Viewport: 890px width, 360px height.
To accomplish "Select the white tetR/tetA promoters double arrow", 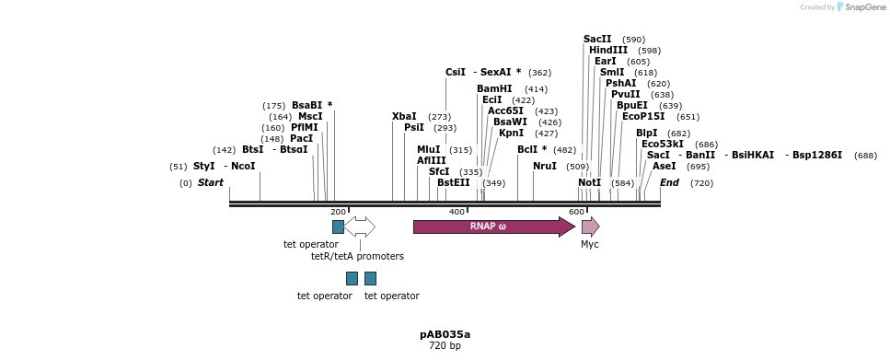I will point(360,226).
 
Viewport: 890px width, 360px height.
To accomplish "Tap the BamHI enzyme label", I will point(494,89).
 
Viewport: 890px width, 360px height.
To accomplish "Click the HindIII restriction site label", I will point(608,51).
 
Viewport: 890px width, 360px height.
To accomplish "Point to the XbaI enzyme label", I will point(404,117).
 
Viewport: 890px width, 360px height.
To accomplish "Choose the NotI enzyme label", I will point(589,183).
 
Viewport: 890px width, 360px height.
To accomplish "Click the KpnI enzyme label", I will point(511,134).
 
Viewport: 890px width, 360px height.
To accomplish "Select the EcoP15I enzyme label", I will point(643,117).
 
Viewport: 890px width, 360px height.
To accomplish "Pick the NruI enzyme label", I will point(545,167).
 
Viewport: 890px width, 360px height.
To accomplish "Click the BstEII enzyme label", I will point(454,183).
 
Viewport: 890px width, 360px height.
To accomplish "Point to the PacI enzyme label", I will point(302,139).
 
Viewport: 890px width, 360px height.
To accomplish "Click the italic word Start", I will point(211,183).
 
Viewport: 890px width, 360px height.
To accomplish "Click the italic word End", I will point(669,183).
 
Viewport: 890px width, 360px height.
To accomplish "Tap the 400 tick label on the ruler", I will point(457,212).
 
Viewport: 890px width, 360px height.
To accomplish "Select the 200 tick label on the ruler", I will point(338,212).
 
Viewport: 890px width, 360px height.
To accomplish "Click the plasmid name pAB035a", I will point(445,334).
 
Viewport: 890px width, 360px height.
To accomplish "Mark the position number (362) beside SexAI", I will point(539,73).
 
